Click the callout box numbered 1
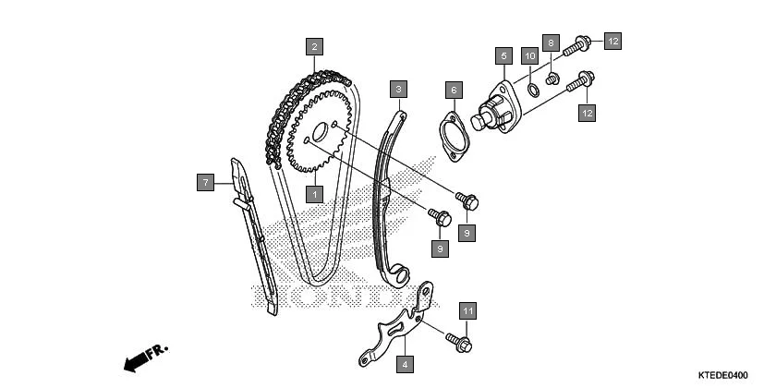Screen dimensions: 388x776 315,195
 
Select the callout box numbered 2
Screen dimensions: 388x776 315,46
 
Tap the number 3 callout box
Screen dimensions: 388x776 398,90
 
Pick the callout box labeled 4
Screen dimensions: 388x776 404,365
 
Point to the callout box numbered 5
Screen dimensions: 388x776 503,56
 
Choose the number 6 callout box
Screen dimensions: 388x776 454,90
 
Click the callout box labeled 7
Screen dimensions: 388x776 206,182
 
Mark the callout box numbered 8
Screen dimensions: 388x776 551,42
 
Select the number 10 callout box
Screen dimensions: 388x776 529,56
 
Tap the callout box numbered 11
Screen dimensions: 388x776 468,311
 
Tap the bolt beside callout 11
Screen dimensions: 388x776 458,339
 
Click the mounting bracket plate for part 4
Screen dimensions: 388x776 397,323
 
